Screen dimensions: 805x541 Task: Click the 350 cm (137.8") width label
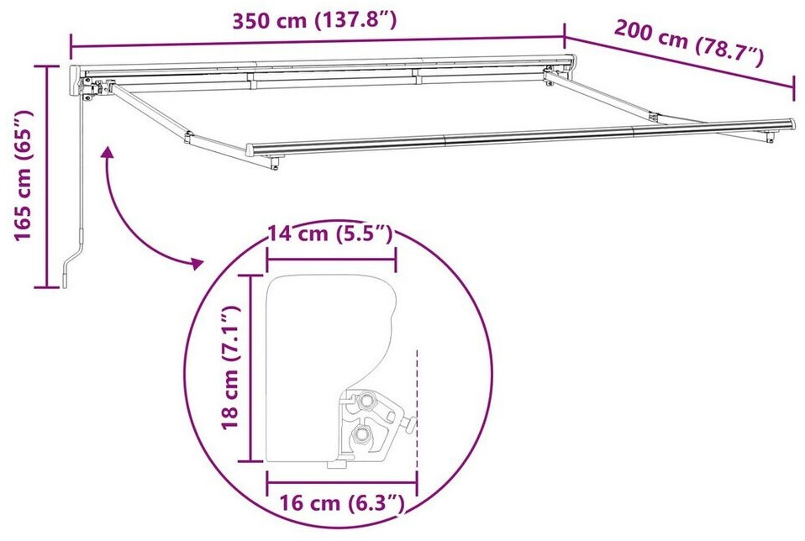point(314,20)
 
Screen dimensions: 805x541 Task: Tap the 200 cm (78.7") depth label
point(689,42)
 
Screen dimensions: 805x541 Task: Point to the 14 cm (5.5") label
point(330,234)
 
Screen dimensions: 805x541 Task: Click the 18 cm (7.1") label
point(229,367)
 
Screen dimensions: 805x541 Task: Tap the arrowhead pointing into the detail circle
point(197,263)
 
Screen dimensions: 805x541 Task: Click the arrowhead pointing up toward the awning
point(108,152)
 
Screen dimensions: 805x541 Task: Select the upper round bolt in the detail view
point(367,399)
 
